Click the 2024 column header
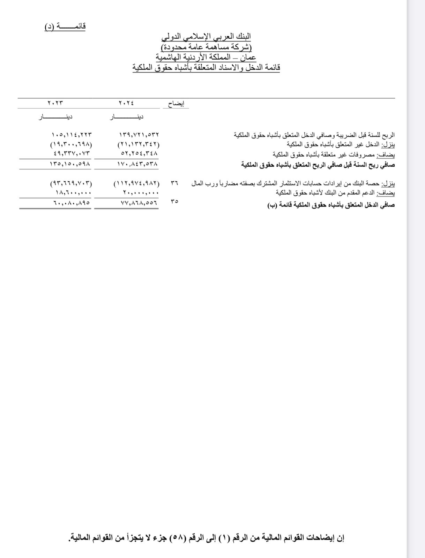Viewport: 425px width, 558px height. coord(126,103)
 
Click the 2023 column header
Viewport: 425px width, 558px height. coord(55,103)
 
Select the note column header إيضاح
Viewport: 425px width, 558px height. coord(176,104)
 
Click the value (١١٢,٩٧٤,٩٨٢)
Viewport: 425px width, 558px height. coord(136,183)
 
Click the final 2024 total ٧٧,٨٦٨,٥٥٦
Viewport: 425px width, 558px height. coord(139,202)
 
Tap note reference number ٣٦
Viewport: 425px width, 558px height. coord(174,183)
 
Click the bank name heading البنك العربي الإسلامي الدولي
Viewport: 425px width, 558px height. coord(207,36)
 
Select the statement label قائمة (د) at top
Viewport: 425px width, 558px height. coord(65,27)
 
